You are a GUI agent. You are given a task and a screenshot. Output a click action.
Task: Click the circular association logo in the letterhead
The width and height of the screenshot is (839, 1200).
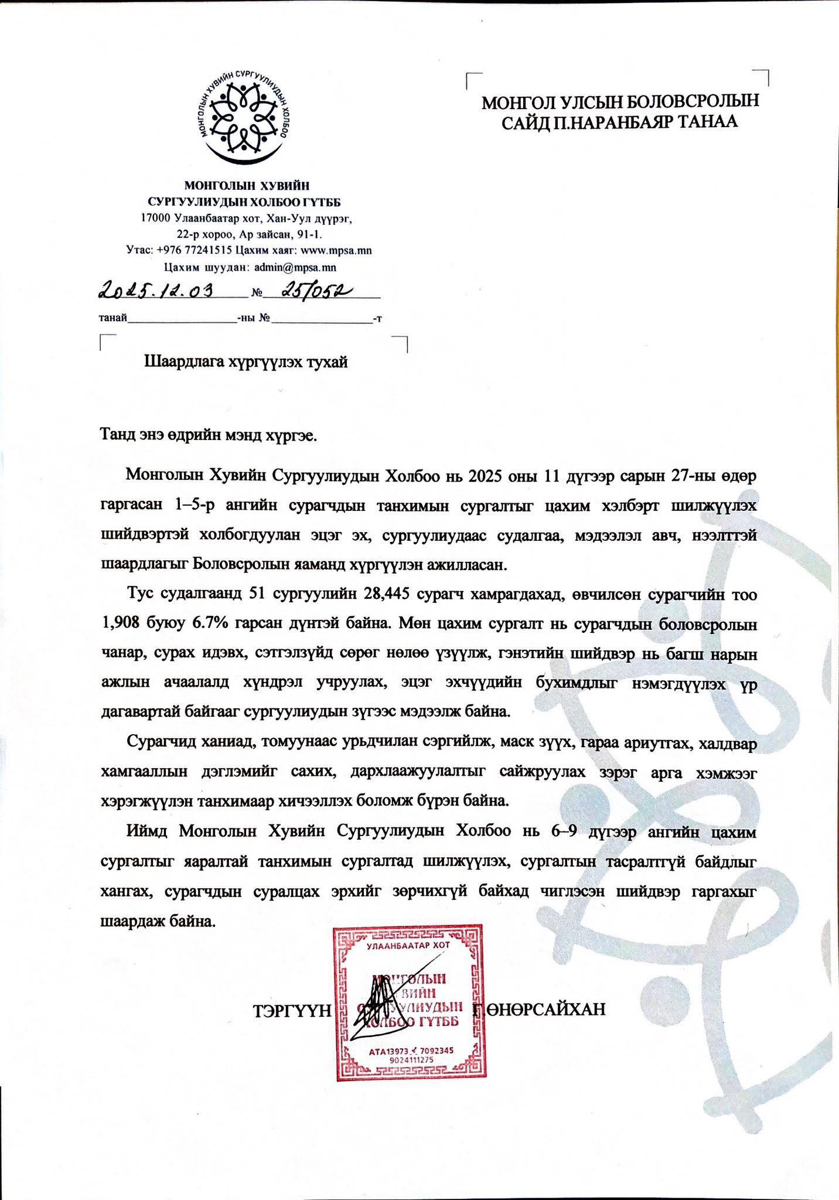244,117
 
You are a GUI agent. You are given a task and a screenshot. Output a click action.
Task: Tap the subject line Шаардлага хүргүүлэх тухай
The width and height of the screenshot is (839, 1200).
246,362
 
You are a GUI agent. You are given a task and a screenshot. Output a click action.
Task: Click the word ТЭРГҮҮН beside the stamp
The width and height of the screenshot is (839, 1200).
292,1010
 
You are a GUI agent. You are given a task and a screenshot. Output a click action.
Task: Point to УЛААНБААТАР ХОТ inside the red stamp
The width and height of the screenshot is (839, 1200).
407,945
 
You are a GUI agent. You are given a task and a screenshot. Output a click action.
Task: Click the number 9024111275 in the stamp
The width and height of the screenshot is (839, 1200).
410,1059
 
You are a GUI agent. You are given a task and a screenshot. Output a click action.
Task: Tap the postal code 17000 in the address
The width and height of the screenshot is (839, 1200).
156,219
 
